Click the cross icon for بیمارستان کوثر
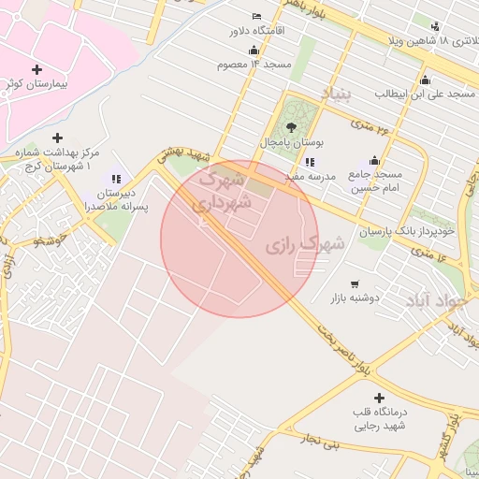pyautogui.click(x=36, y=69)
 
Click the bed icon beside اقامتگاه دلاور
pyautogui.click(x=257, y=17)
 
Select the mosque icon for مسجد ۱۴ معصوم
pyautogui.click(x=254, y=50)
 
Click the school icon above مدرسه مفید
pyautogui.click(x=310, y=163)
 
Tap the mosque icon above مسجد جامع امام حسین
pyautogui.click(x=374, y=160)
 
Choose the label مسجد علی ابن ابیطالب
pyautogui.click(x=427, y=94)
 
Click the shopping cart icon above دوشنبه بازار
pyautogui.click(x=354, y=283)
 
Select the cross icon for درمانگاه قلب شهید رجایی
pyautogui.click(x=378, y=399)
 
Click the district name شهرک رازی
pyautogui.click(x=305, y=245)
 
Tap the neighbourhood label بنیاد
pyautogui.click(x=335, y=94)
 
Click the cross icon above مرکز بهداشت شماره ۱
pyautogui.click(x=57, y=138)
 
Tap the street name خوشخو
pyautogui.click(x=52, y=241)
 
